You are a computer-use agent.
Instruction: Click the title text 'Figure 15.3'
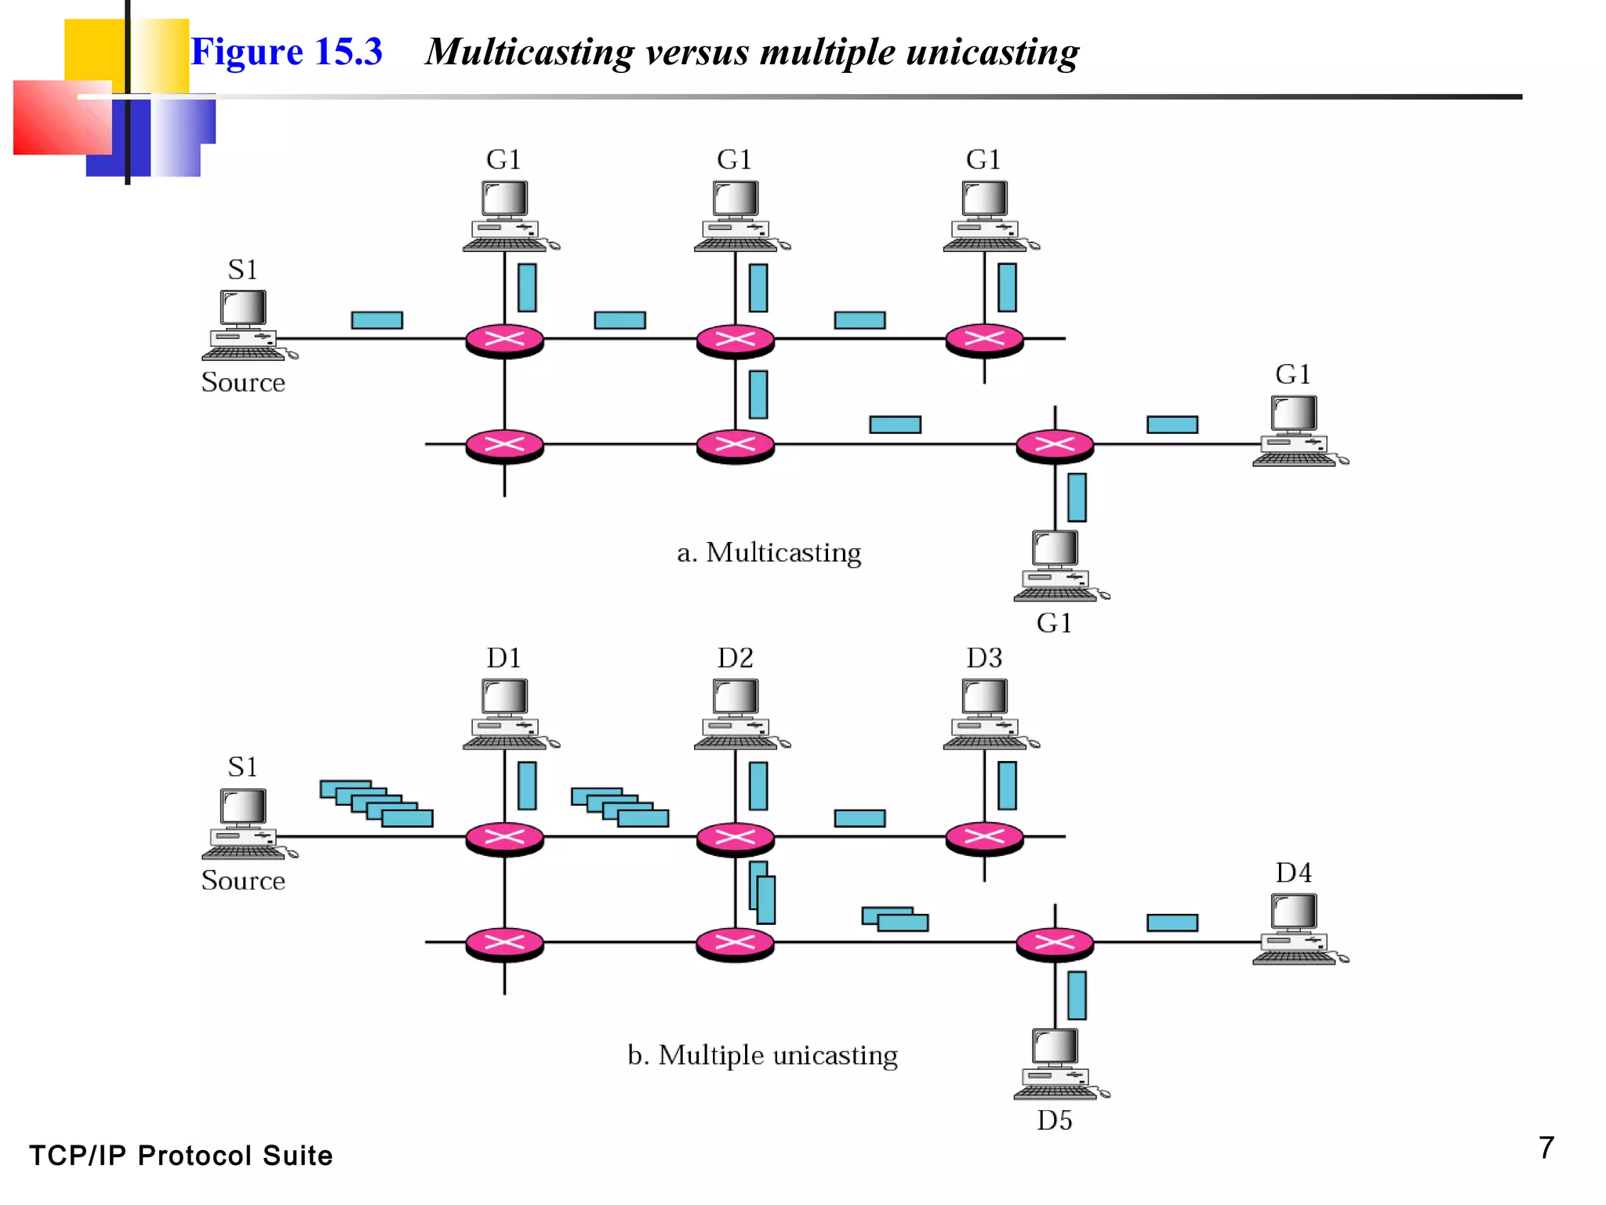point(286,52)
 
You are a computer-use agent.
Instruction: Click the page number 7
point(1546,1148)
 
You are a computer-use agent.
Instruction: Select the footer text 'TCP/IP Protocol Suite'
point(180,1156)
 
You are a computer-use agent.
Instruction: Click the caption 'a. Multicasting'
point(768,552)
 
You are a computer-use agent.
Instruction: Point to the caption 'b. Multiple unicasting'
point(762,1055)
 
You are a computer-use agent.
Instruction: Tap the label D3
point(984,657)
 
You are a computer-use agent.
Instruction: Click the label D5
point(1054,1120)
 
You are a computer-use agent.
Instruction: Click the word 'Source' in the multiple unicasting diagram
point(243,880)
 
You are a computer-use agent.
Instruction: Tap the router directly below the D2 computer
point(736,838)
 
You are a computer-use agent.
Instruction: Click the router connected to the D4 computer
point(1055,943)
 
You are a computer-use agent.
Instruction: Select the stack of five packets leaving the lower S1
point(376,803)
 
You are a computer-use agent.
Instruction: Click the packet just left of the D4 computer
point(1172,923)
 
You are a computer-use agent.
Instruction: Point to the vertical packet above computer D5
point(1077,995)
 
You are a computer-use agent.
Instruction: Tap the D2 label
point(735,657)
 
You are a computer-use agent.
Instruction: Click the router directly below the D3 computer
point(984,838)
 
